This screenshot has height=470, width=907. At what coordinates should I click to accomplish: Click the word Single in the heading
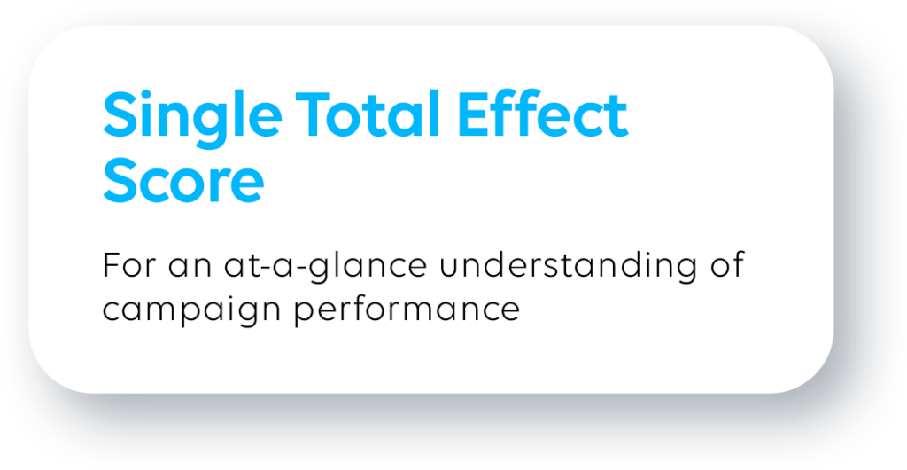192,119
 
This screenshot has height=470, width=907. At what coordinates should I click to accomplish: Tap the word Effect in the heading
543,114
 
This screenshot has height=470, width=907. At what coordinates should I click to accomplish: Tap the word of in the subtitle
728,266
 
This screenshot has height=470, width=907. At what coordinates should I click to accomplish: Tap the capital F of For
112,266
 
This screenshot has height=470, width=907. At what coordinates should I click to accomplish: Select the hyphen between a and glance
296,270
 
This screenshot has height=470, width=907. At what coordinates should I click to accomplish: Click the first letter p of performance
305,316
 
